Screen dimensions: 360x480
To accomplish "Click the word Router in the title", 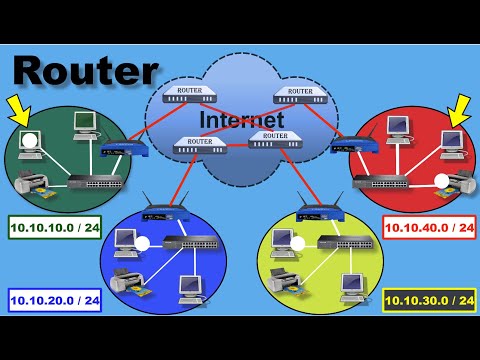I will click(x=86, y=71).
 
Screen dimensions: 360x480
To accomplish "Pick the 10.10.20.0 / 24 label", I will click(x=55, y=299).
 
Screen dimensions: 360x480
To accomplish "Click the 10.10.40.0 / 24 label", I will click(x=429, y=229).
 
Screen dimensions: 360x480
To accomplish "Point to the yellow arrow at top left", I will click(x=18, y=106).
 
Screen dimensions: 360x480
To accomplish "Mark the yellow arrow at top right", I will click(x=461, y=106).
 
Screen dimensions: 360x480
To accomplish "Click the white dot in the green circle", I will click(x=31, y=140).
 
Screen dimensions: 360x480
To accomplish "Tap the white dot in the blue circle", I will click(x=143, y=243).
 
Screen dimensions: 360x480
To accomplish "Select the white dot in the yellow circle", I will click(x=298, y=243).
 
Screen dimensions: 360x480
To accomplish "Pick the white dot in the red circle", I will click(x=442, y=181).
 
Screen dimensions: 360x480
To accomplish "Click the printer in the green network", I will click(x=31, y=186).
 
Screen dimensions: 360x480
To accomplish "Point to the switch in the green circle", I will click(x=94, y=183).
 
